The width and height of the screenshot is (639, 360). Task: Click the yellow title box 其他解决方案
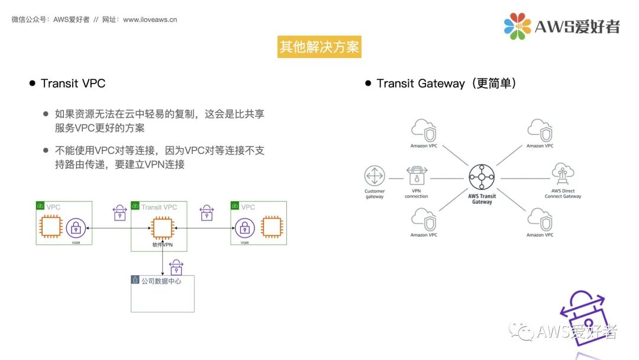pyautogui.click(x=319, y=47)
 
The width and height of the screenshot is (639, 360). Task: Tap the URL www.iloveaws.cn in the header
pyautogui.click(x=150, y=20)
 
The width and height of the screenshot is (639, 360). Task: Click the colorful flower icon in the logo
pyautogui.click(x=517, y=27)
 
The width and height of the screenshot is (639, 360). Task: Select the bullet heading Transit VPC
pyautogui.click(x=73, y=83)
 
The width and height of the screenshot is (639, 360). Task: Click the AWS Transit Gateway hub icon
pyautogui.click(x=482, y=177)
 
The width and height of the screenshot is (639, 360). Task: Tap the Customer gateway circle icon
pyautogui.click(x=374, y=176)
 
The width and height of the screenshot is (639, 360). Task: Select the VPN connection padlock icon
pyautogui.click(x=417, y=177)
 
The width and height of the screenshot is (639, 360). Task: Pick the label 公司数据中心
pyautogui.click(x=161, y=281)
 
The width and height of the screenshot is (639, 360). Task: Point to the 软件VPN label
pyautogui.click(x=162, y=245)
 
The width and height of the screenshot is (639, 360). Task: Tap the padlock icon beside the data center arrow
pyautogui.click(x=176, y=267)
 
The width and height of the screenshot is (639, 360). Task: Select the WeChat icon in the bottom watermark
pyautogui.click(x=522, y=332)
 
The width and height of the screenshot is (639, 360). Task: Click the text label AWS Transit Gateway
pyautogui.click(x=482, y=199)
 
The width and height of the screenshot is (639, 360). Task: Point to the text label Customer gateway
pyautogui.click(x=374, y=194)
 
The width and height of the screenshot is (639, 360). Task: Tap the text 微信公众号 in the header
pyautogui.click(x=30, y=20)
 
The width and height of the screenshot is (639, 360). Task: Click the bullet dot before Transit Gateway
pyautogui.click(x=368, y=83)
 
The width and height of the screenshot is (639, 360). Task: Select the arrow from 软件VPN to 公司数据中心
pyautogui.click(x=162, y=261)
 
